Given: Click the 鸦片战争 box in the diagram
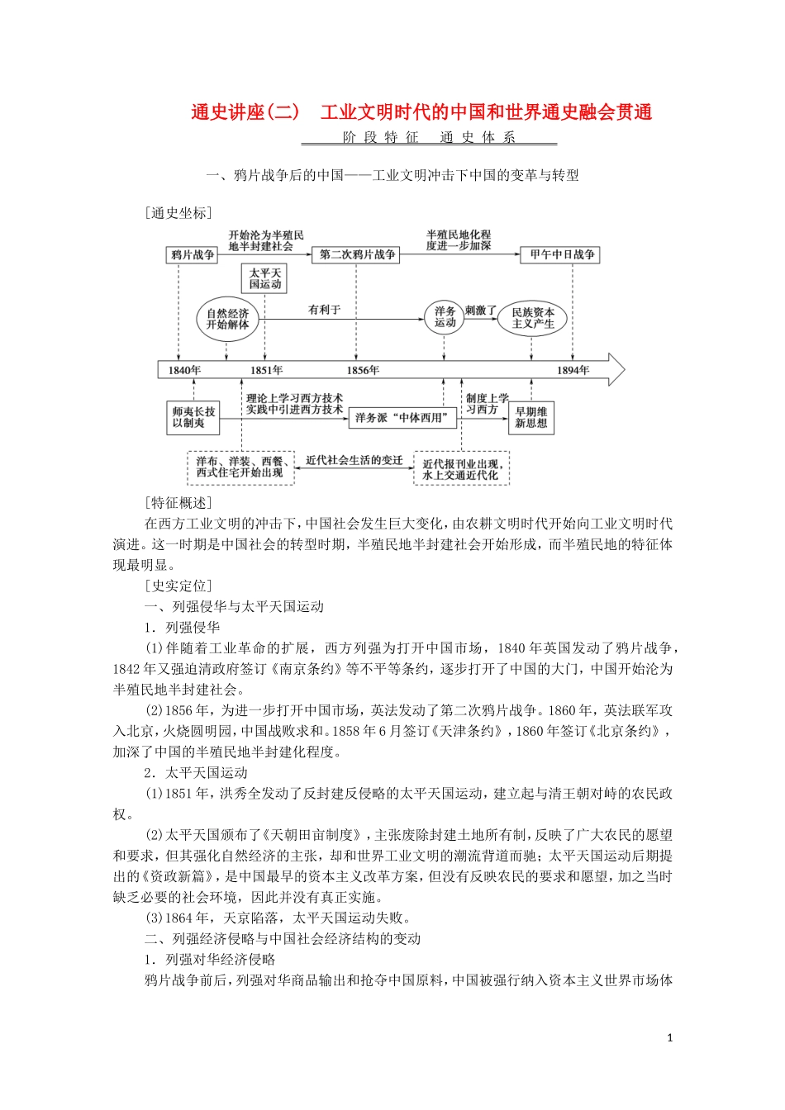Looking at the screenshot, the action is point(193,255).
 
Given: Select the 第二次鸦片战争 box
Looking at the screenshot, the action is point(357,255).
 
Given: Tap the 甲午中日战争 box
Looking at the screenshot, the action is point(562,255).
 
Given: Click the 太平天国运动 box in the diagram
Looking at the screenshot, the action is point(265,278).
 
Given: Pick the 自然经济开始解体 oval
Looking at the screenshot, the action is point(227,319).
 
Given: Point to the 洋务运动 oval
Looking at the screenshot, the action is point(445,317).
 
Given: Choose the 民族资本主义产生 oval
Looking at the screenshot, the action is point(532,318).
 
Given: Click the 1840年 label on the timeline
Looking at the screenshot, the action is point(183,370).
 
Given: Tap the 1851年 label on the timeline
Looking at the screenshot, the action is point(266,370).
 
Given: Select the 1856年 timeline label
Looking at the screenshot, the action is point(362,370).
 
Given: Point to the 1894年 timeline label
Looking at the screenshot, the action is point(573,370).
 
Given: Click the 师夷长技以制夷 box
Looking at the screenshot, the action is point(193,417).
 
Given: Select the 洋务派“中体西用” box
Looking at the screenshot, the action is point(402,418).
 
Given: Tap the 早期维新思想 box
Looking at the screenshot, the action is point(531,417).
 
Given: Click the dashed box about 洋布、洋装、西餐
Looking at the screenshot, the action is point(240,467).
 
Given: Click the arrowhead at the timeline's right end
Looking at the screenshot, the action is point(616,369).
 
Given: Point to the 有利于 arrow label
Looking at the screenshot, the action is point(324,310).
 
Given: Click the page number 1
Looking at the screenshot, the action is point(669,1038).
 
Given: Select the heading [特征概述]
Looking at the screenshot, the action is point(178,502).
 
